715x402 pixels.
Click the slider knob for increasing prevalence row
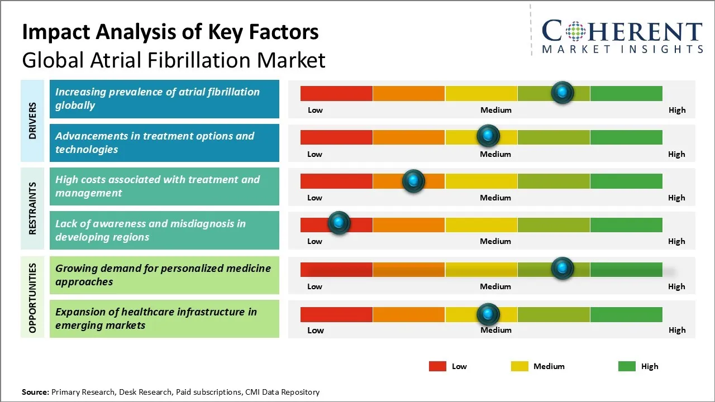[563, 92]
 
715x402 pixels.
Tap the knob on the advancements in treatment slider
[488, 136]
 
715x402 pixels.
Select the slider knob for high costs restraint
[413, 180]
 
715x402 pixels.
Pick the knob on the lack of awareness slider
[339, 223]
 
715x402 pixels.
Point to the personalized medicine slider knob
[563, 269]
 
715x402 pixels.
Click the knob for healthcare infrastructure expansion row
[488, 314]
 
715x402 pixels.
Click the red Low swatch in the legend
[437, 366]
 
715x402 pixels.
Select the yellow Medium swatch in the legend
[519, 366]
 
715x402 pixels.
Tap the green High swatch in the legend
[627, 366]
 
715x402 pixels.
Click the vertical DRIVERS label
[33, 121]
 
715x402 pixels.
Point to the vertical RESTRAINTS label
[33, 208]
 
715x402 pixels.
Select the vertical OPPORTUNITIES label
[33, 298]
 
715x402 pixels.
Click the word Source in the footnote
[35, 393]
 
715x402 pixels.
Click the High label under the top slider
[677, 110]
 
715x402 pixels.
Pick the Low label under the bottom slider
[316, 330]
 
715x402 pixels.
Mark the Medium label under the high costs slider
[495, 198]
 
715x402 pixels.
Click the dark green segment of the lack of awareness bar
[626, 224]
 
